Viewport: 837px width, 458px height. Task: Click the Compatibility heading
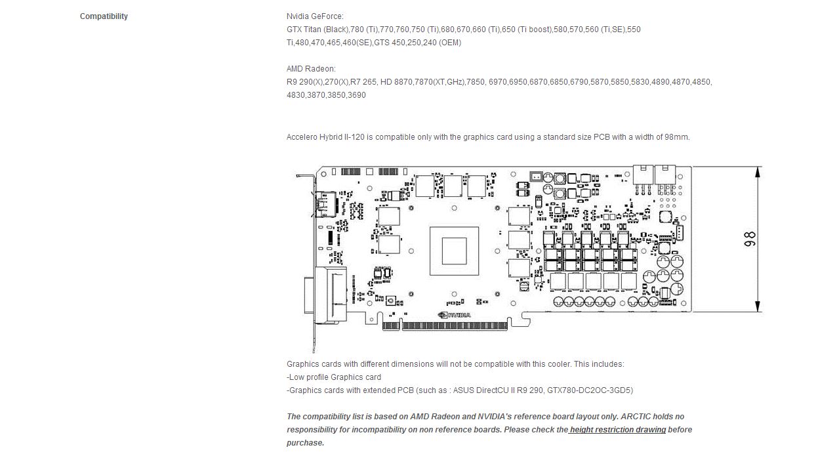tap(104, 16)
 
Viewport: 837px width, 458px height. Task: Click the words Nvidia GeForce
tap(315, 16)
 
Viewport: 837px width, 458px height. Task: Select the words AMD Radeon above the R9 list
tap(311, 69)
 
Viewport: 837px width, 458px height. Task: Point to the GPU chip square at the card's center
tap(454, 251)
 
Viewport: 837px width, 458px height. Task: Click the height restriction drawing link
tap(617, 430)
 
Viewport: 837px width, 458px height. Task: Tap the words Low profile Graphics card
tap(335, 377)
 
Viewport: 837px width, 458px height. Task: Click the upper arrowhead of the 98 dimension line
tap(758, 172)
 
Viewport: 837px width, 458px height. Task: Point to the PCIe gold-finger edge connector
tap(453, 325)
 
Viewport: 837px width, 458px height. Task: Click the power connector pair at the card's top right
tap(655, 176)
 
